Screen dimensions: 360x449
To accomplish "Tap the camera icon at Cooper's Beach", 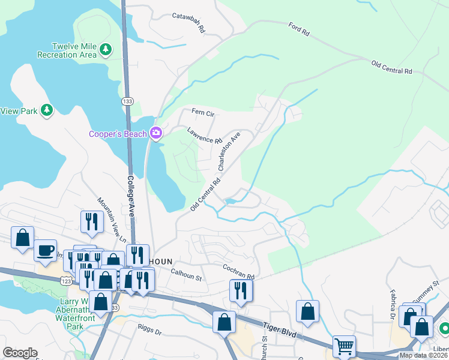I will click(x=156, y=133).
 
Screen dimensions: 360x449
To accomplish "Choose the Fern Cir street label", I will click(x=203, y=112).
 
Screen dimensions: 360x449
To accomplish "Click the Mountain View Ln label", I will click(x=113, y=220).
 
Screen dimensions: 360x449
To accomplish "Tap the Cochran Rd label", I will click(x=238, y=272).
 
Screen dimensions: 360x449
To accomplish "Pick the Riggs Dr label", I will click(x=149, y=331).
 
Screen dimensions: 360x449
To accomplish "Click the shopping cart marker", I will click(x=344, y=346).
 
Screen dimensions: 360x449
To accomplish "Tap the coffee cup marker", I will click(x=45, y=250).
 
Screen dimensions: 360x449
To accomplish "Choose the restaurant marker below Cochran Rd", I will click(x=241, y=290).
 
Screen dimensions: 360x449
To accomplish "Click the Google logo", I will click(x=20, y=353).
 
